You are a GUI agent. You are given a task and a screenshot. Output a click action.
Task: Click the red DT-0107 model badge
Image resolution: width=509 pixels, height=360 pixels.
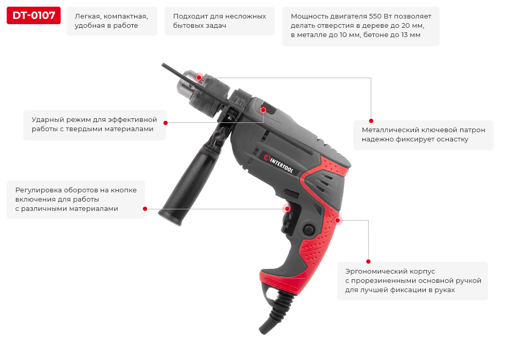click(33, 15)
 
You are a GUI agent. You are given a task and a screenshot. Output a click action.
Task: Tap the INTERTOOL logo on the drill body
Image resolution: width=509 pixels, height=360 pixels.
click(279, 164)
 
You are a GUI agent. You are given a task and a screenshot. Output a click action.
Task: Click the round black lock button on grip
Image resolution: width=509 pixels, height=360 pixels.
click(308, 229)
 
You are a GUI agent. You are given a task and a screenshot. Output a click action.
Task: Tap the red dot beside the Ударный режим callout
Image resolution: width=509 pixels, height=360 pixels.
click(166, 123)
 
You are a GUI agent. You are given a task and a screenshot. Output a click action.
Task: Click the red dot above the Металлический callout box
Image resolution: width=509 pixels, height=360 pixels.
click(371, 121)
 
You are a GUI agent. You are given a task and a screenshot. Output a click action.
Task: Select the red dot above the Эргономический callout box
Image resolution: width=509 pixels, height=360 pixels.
click(368, 261)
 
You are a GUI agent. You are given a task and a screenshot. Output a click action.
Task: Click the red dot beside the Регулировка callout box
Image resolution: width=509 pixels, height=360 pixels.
click(145, 209)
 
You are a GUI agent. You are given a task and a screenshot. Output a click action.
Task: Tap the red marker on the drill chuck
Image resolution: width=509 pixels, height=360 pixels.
click(199, 78)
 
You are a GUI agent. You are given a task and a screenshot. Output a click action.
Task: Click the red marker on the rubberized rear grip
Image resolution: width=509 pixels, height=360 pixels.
click(338, 221)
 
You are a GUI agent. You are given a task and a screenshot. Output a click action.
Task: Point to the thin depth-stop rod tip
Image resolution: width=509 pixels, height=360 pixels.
click(162, 64)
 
